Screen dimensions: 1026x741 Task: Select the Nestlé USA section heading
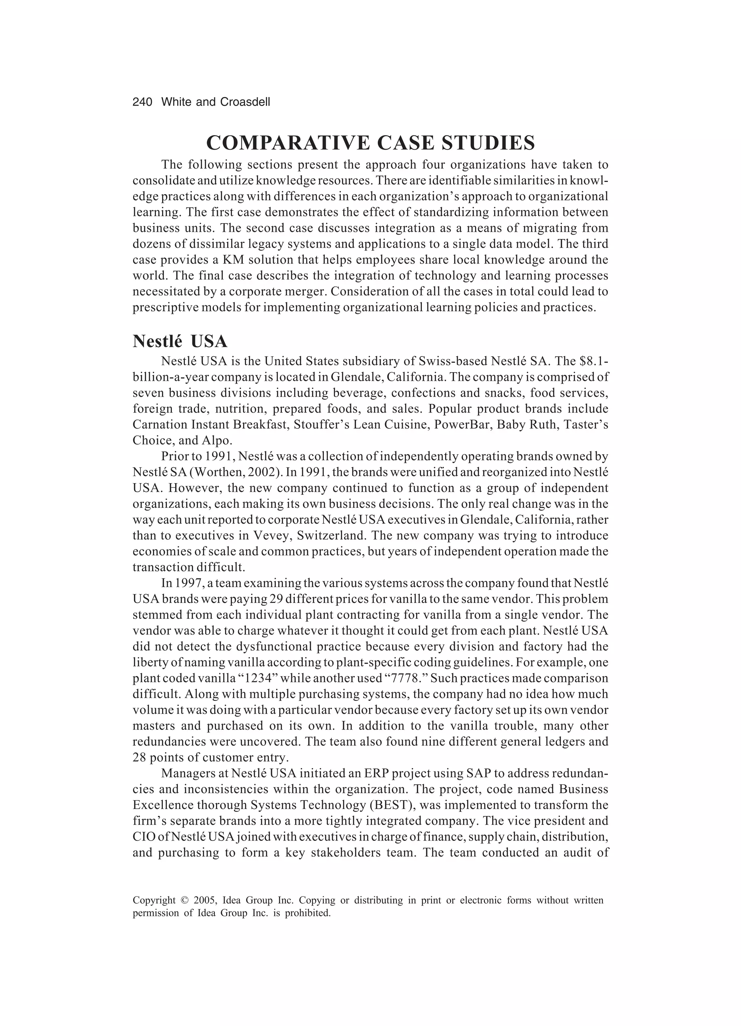[180, 341]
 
